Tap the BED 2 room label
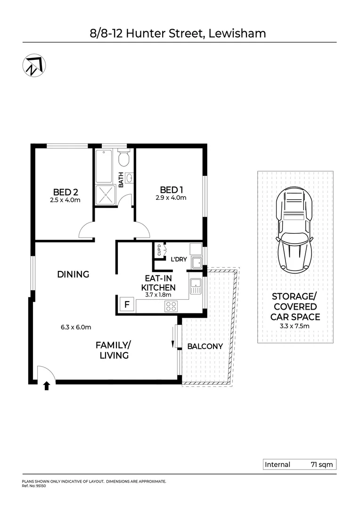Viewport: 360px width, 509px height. tap(65, 192)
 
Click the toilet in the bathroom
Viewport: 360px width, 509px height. tap(123, 159)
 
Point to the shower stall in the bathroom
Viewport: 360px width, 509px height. tap(106, 194)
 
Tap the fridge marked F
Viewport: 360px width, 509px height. tap(126, 304)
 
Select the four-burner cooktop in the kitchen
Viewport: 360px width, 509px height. tap(171, 306)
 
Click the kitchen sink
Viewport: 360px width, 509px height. tap(195, 285)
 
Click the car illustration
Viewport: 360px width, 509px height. tap(295, 228)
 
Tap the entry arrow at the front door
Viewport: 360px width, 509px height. tap(46, 386)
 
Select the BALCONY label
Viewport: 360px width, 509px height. tap(205, 346)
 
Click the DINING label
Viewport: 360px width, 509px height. tap(73, 274)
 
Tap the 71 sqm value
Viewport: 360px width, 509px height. tap(321, 464)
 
